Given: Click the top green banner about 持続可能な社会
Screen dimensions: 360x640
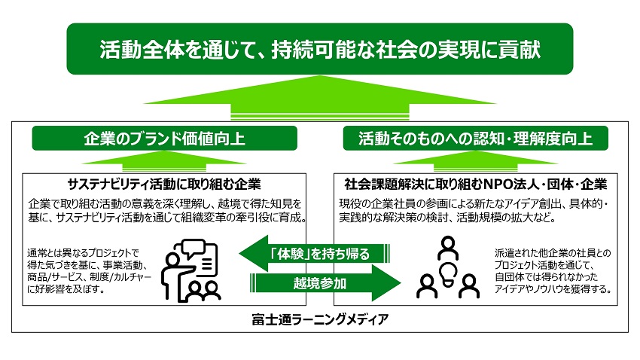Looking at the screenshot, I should point(319,49).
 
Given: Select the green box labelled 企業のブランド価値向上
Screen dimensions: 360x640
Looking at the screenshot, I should point(164,138).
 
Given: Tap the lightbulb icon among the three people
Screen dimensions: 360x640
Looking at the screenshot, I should point(448,270).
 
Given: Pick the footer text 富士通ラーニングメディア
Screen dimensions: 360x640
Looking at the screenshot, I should point(320,319).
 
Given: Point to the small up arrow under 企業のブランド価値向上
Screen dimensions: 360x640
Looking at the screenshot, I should point(164,160).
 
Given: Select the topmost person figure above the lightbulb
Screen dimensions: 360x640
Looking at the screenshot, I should point(448,246).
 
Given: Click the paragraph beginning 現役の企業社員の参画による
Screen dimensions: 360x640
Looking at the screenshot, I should point(476,211).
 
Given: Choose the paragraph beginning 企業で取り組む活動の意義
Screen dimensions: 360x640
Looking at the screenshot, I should point(164,211).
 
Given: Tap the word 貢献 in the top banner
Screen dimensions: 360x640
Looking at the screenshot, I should point(516,49).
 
